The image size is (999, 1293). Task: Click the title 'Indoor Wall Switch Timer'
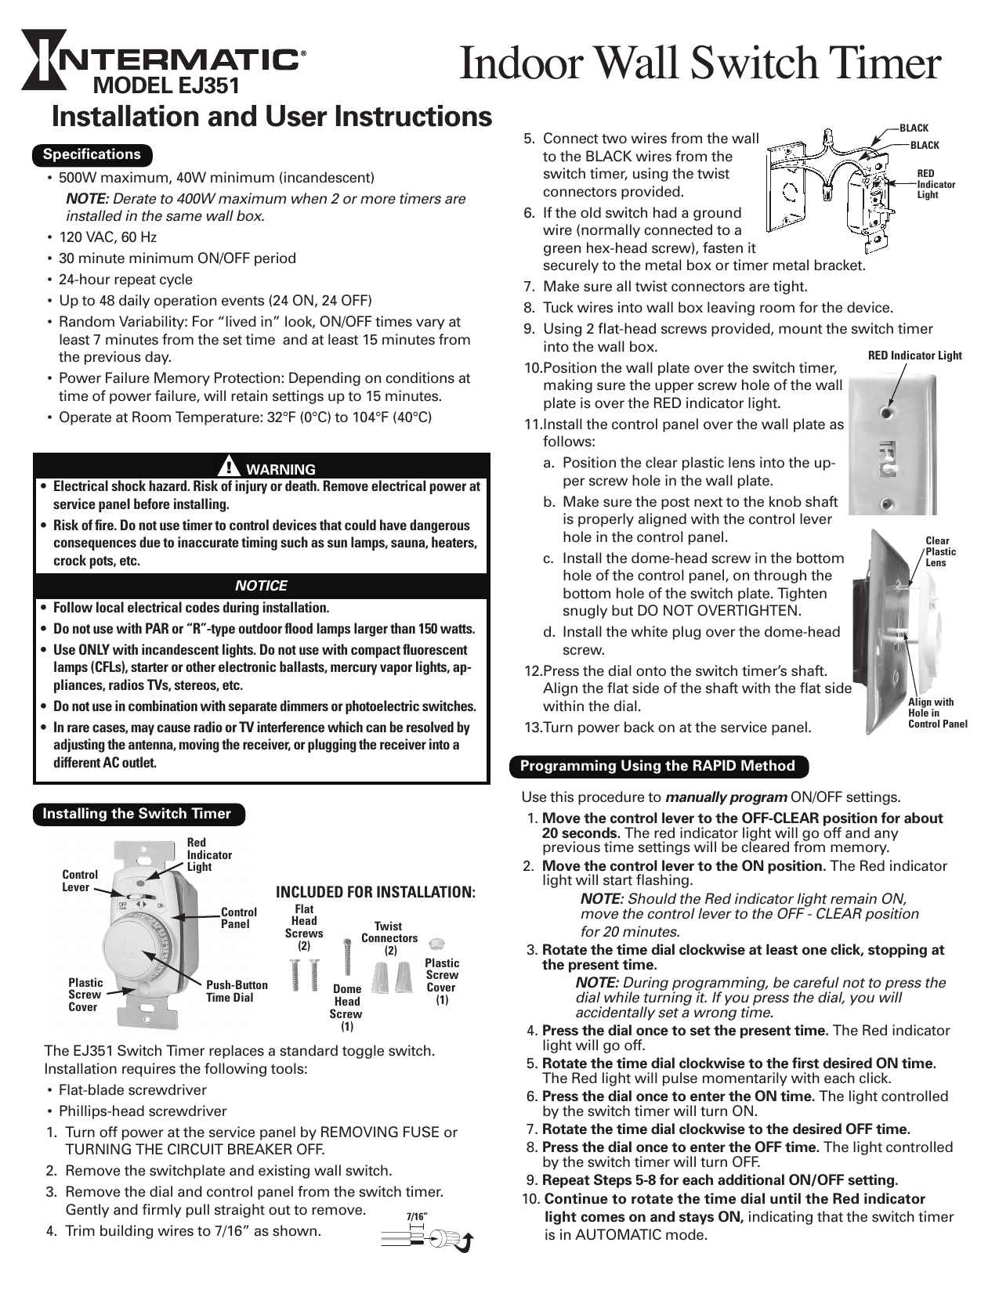(x=699, y=64)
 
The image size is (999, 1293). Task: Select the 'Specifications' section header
(x=92, y=154)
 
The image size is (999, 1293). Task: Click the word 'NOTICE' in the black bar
(x=261, y=586)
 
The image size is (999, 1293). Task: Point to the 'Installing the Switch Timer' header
(x=137, y=814)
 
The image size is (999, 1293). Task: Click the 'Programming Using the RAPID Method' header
(x=658, y=766)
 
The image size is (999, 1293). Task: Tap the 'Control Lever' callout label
(x=80, y=880)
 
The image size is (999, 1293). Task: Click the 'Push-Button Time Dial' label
(x=237, y=991)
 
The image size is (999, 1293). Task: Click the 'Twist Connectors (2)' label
(x=389, y=937)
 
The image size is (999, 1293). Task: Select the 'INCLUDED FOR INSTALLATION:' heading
(x=376, y=893)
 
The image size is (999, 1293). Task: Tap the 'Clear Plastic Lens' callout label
(x=940, y=551)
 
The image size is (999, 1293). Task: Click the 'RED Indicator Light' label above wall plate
(x=914, y=356)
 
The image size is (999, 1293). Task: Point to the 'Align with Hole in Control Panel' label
(x=937, y=713)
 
